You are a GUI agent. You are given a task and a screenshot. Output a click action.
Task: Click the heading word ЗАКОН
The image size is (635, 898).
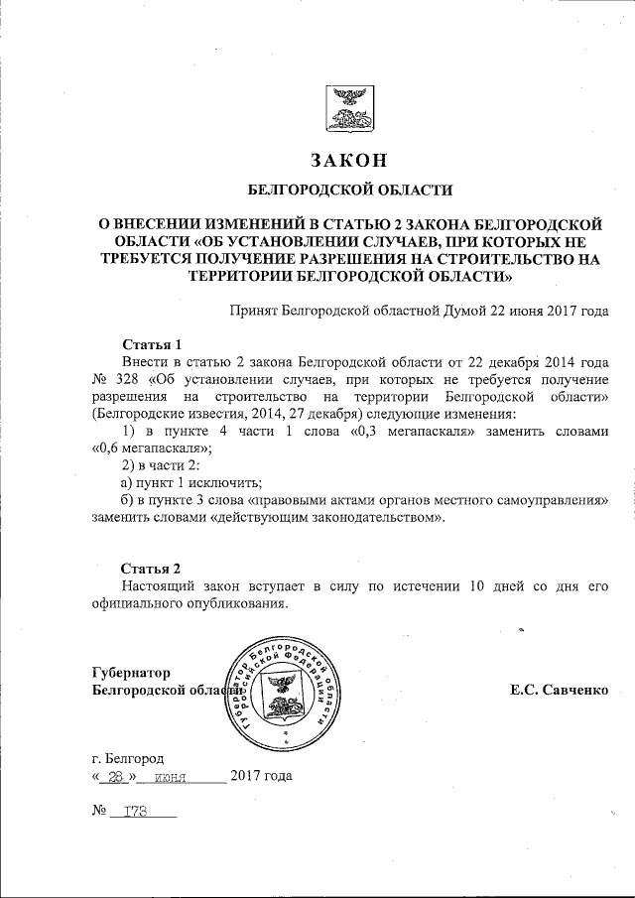[x=346, y=161]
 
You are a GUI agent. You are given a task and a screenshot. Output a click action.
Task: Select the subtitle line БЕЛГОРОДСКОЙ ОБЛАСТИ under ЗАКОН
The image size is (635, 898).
[x=346, y=190]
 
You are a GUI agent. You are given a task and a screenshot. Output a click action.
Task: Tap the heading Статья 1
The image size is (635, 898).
[x=151, y=343]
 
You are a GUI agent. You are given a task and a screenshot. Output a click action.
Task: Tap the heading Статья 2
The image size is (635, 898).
[x=151, y=569]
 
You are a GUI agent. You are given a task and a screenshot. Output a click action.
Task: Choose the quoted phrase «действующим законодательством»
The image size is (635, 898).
[x=327, y=518]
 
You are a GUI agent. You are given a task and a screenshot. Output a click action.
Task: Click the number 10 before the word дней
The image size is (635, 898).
[x=477, y=586]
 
